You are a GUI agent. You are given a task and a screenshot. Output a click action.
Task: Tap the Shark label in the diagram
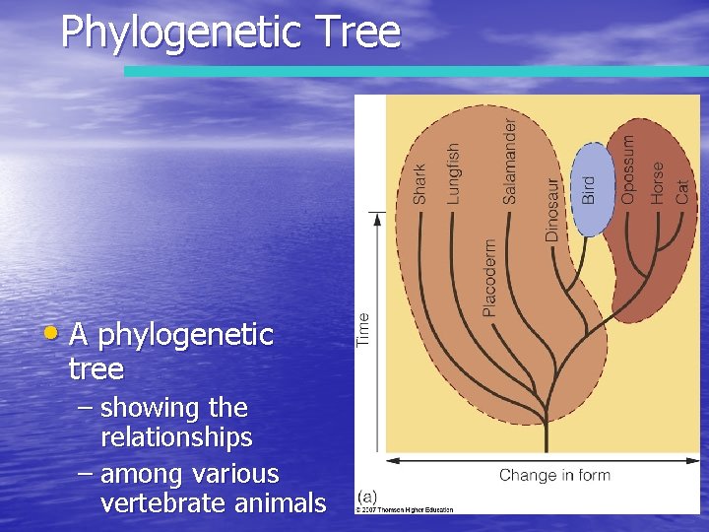420,184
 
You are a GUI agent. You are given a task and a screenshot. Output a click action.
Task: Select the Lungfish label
453,173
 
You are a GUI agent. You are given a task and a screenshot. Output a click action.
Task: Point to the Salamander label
509,162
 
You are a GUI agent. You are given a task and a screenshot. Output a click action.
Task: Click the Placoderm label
489,278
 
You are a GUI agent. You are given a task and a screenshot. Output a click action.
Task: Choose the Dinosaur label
552,210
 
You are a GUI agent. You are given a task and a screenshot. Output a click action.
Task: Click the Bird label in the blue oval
589,190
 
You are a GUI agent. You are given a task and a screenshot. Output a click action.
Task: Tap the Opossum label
628,169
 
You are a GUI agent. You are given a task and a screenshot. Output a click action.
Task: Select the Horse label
657,183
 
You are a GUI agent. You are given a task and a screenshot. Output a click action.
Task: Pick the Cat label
682,190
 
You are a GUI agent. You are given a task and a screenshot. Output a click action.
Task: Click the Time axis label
364,329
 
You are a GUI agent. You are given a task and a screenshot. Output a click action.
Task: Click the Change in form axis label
554,476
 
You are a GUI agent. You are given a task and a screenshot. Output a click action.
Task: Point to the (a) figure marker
368,497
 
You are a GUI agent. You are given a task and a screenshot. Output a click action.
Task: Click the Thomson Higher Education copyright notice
405,509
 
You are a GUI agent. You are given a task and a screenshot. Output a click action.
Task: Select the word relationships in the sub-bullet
176,436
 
